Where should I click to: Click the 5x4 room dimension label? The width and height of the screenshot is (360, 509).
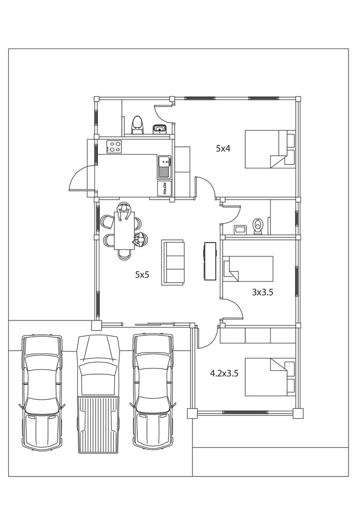click(x=223, y=149)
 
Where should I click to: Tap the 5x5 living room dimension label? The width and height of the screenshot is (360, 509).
click(x=142, y=274)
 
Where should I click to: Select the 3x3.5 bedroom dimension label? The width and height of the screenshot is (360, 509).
click(x=263, y=292)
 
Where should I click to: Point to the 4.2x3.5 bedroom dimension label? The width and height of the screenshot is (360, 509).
click(x=224, y=373)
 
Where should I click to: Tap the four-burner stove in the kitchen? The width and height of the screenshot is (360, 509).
click(x=114, y=146)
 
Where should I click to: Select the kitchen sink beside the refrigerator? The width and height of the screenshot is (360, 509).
click(x=165, y=167)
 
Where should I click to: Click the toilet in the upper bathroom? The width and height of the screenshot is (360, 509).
click(x=137, y=125)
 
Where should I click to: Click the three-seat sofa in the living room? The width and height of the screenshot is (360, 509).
click(x=173, y=262)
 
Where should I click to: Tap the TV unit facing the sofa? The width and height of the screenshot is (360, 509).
click(x=210, y=260)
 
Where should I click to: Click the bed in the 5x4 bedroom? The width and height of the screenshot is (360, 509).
click(x=270, y=149)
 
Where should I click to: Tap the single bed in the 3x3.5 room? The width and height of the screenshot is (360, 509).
click(x=248, y=269)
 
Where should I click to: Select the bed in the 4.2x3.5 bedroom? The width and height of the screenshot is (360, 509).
click(x=270, y=377)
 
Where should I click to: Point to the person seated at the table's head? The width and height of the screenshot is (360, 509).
click(x=124, y=211)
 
